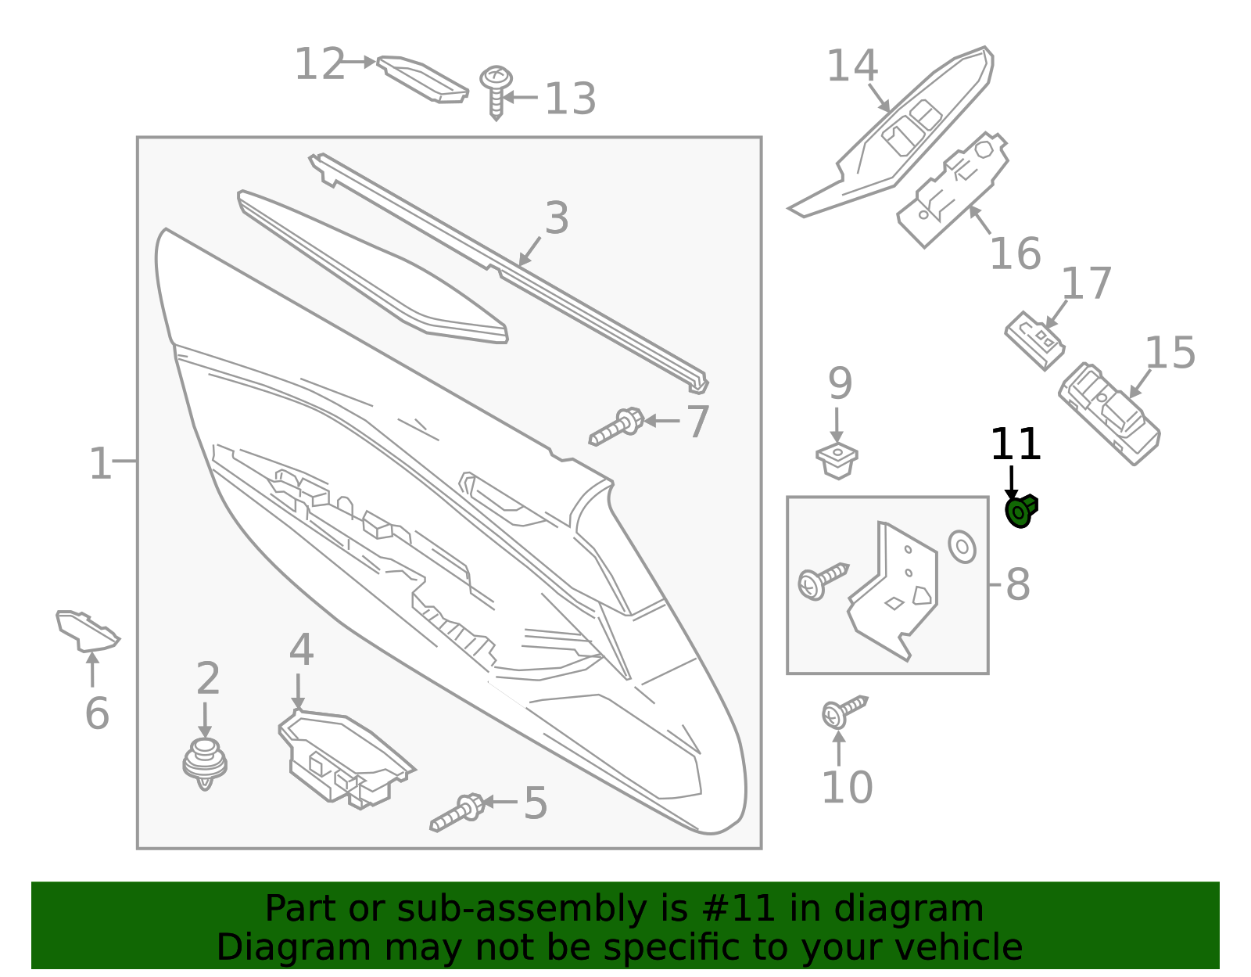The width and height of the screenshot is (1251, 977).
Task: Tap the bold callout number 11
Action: click(x=1015, y=445)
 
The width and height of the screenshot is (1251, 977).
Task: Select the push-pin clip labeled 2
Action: click(x=205, y=763)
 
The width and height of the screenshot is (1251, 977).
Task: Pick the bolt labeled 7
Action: click(x=617, y=426)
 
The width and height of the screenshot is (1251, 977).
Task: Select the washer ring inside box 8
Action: click(x=962, y=546)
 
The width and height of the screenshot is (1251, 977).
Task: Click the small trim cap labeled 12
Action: click(x=423, y=79)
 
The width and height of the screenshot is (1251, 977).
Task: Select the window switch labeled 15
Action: click(x=1109, y=412)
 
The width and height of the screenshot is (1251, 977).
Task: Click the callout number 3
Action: click(x=557, y=218)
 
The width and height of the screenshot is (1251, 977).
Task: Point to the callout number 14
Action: click(x=852, y=66)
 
